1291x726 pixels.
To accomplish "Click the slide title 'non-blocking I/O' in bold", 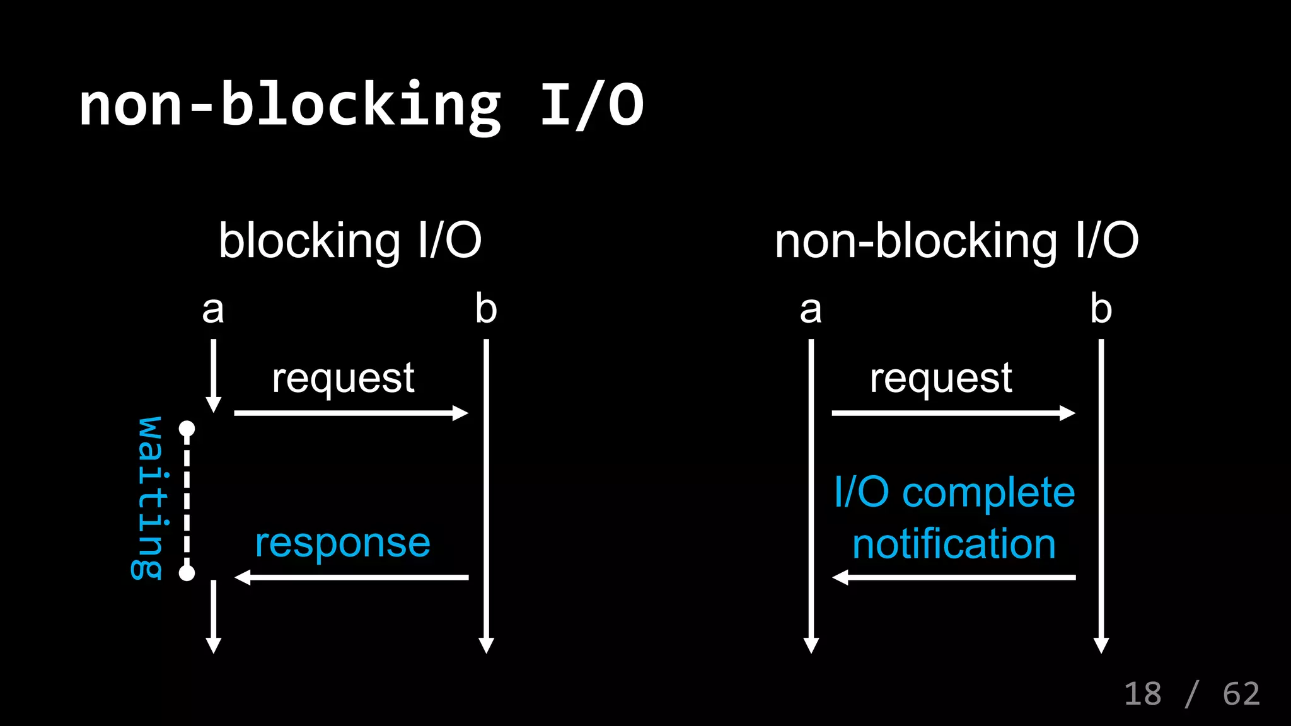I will tap(361, 105).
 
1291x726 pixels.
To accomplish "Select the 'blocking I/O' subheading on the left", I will tap(350, 241).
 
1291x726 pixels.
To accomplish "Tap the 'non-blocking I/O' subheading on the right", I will tap(956, 241).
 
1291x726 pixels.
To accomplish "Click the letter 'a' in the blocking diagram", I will tap(213, 310).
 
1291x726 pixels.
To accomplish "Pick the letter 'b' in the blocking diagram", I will tap(486, 309).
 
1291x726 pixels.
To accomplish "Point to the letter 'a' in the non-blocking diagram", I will tap(811, 310).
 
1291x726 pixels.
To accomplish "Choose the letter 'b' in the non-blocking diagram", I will tap(1101, 309).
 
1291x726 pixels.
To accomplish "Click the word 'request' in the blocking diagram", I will tap(343, 379).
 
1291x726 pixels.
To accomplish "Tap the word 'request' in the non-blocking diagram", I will tap(941, 379).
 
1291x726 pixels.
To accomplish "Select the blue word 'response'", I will tap(342, 543).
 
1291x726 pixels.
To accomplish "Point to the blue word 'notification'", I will tap(954, 544).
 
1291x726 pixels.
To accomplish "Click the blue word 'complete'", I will tap(988, 493).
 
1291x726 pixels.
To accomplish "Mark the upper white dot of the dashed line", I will tap(187, 429).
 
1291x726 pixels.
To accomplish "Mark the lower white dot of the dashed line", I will tap(187, 573).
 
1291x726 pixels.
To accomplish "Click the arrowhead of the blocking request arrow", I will tap(461, 413).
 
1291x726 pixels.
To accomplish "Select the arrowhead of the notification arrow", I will tap(840, 577).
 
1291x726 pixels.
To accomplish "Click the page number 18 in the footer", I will tap(1142, 694).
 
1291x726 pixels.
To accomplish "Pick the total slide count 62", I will tap(1241, 694).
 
